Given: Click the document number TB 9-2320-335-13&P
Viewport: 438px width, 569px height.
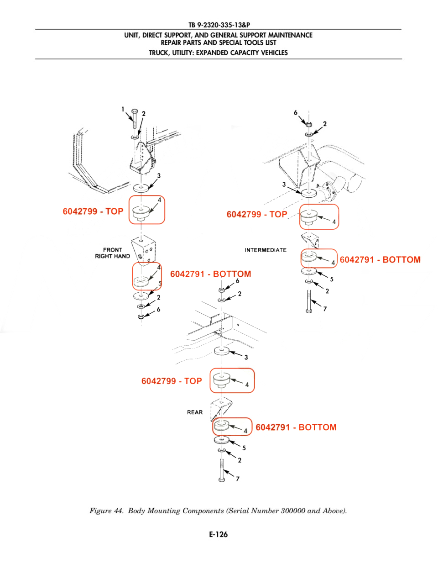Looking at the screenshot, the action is tap(219, 25).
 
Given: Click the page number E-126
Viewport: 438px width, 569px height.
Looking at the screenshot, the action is tap(219, 534).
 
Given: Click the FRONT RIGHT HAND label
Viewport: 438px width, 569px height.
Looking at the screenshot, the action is tap(112, 253).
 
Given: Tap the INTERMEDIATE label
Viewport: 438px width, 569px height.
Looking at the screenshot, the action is tap(266, 250).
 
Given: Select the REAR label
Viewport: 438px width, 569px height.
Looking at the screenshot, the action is tap(195, 412).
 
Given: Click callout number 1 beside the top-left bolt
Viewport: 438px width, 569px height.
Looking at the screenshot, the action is tap(123, 109).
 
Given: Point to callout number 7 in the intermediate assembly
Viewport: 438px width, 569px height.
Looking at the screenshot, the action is tap(325, 309).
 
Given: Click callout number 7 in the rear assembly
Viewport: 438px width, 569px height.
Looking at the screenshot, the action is tap(237, 479).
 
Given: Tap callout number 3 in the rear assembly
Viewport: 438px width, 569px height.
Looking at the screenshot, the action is tap(246, 357).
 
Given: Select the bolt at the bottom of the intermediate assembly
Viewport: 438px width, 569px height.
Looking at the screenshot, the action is tap(309, 301).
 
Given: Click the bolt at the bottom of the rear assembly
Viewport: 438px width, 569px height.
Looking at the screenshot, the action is tap(221, 470).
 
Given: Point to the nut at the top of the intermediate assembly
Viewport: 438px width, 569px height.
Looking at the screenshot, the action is tap(309, 124).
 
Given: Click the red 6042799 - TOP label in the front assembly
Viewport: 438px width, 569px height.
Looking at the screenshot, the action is tap(93, 211).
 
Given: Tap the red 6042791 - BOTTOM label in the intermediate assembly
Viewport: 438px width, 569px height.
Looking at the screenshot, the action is tap(380, 260).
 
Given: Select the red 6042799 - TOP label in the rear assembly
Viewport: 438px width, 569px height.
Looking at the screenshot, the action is tap(172, 381).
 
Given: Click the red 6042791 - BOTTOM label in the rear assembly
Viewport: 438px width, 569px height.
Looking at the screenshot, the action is tap(296, 427).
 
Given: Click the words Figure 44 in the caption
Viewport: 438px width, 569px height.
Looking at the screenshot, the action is tap(106, 511).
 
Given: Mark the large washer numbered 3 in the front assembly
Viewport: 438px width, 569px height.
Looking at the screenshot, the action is tap(141, 188).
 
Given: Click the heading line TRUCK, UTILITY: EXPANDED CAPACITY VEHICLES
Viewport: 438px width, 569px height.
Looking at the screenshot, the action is tap(219, 53).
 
